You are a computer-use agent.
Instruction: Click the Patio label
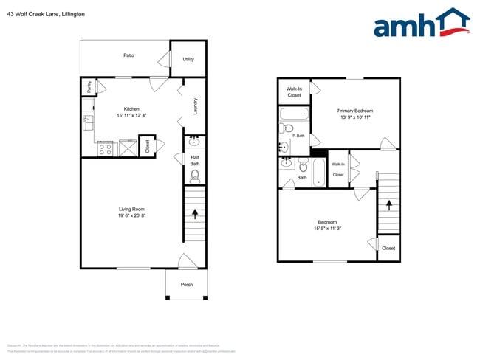click(128, 55)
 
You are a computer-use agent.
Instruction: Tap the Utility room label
click(188, 59)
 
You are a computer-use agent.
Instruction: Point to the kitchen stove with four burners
click(105, 148)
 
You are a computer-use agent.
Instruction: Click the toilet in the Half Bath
click(195, 176)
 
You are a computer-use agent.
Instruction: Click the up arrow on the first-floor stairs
click(195, 214)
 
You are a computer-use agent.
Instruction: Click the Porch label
click(187, 284)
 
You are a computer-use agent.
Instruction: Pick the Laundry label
click(195, 106)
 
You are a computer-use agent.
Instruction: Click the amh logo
click(421, 24)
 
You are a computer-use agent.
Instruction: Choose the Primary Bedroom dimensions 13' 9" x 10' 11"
click(355, 117)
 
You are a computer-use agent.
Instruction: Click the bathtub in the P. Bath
click(295, 114)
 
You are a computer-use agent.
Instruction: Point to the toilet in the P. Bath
click(288, 128)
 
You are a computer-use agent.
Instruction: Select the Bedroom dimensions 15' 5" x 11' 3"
click(327, 228)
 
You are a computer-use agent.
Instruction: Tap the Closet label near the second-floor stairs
click(388, 249)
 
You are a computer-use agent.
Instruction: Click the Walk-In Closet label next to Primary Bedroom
click(294, 91)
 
